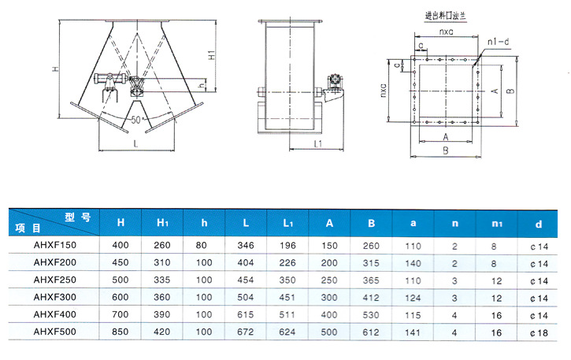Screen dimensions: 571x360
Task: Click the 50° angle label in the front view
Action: pyautogui.click(x=136, y=120)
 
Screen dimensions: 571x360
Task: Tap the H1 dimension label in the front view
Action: pyautogui.click(x=212, y=54)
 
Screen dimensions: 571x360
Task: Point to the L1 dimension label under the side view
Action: pyautogui.click(x=318, y=144)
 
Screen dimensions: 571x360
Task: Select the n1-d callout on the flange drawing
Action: pyautogui.click(x=499, y=42)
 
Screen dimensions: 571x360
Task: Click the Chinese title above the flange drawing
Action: pyautogui.click(x=445, y=16)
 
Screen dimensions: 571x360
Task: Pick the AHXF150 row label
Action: pyautogui.click(x=55, y=245)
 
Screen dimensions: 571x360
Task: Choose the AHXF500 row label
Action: pyautogui.click(x=55, y=332)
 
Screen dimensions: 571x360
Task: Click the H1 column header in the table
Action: pyautogui.click(x=162, y=223)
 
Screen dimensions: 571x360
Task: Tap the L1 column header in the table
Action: pyautogui.click(x=288, y=223)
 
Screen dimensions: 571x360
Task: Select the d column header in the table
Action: pyautogui.click(x=539, y=224)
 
